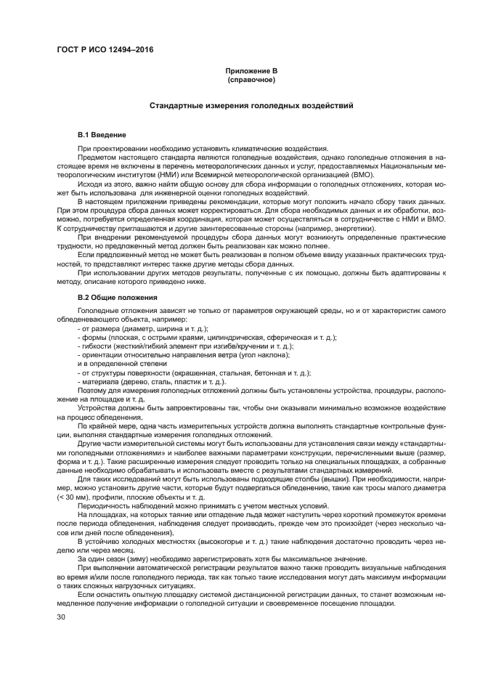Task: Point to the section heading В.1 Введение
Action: pyautogui.click(x=102, y=135)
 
